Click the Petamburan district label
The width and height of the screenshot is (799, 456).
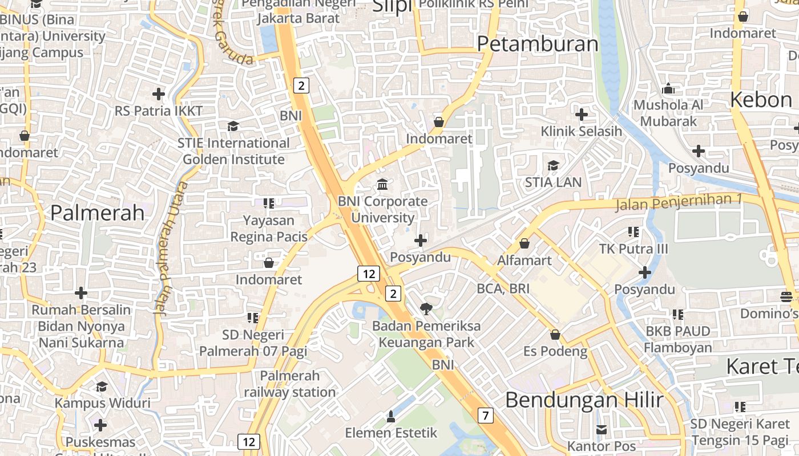coord(538,44)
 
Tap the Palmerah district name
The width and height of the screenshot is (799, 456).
coord(98,213)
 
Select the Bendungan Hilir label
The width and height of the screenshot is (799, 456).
coord(584,400)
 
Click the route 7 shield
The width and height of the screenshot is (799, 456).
coord(485,416)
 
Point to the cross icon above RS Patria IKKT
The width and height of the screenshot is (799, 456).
coord(159,93)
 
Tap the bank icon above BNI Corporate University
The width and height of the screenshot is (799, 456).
coord(382,185)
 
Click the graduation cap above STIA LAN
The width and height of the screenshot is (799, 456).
coord(553,166)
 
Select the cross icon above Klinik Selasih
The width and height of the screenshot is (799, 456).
coord(582,115)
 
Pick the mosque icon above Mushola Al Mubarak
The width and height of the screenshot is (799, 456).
coord(668,88)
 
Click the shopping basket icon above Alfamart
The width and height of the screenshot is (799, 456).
coord(524,243)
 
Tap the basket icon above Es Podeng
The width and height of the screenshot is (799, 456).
coord(555,334)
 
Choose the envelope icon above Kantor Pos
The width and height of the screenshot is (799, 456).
coord(602,429)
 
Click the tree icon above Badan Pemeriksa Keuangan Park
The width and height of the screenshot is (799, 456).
coord(426,309)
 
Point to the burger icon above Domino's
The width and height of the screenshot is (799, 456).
coord(786,296)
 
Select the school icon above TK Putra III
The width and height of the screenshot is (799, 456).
coord(633,231)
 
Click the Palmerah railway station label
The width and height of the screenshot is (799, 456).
coord(290,384)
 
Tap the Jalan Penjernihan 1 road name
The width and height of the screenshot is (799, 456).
coord(678,202)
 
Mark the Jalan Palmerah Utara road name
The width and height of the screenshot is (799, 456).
coord(170,248)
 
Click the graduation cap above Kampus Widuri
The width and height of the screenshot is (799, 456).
coord(102,386)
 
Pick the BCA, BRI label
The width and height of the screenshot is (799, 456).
coord(503,289)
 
